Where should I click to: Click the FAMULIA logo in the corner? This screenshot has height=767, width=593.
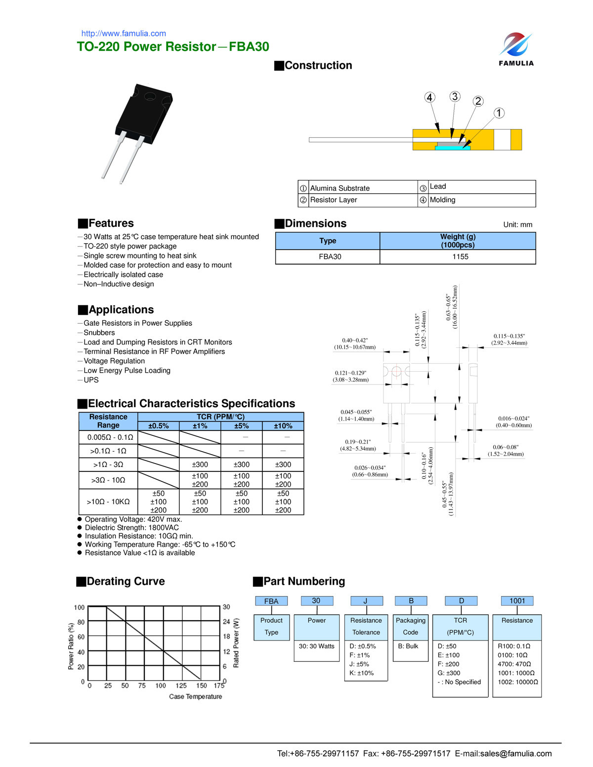(x=516, y=49)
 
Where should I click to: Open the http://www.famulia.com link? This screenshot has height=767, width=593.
(x=124, y=34)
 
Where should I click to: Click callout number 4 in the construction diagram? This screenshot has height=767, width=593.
(x=430, y=97)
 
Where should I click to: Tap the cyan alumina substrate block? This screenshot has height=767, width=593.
(x=452, y=147)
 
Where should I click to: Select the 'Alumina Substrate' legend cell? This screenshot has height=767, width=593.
(x=340, y=188)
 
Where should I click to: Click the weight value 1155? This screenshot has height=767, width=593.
(x=460, y=257)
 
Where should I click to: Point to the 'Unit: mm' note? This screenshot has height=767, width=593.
(x=517, y=225)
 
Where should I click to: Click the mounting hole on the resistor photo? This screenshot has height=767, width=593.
(x=150, y=96)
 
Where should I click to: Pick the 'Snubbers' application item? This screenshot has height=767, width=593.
(x=99, y=333)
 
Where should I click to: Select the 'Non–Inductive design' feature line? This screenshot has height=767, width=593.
(x=119, y=284)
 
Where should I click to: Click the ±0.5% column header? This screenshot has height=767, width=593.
(x=159, y=426)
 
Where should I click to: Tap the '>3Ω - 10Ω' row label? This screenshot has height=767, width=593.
(x=108, y=480)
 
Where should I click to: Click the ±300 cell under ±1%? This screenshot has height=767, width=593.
(x=200, y=465)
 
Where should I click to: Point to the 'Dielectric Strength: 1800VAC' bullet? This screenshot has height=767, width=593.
(x=131, y=528)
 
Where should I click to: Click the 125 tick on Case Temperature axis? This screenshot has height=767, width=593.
(x=181, y=685)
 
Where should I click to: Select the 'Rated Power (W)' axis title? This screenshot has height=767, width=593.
(x=236, y=642)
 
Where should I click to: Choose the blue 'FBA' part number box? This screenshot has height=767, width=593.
(x=271, y=601)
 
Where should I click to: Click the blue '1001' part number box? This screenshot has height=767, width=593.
(x=517, y=601)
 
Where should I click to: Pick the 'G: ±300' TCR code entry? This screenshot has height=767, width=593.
(x=449, y=673)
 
